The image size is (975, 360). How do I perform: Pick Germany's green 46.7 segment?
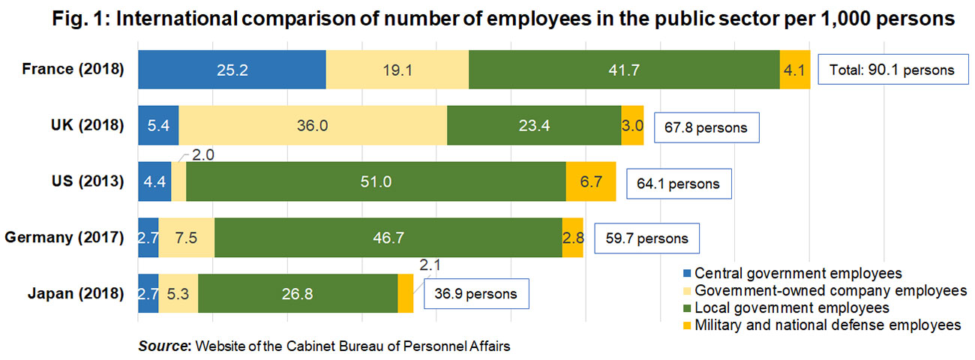point(388,238)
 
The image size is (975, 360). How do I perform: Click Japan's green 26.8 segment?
point(297,294)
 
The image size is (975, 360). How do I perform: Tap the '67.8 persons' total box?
point(706,127)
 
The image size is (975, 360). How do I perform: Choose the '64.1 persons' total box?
point(678,184)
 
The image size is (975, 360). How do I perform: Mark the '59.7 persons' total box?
point(646,239)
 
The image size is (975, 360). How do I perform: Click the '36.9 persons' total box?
point(475,294)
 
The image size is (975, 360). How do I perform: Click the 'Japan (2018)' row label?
point(72,294)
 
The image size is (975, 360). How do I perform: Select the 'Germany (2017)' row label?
point(64,238)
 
